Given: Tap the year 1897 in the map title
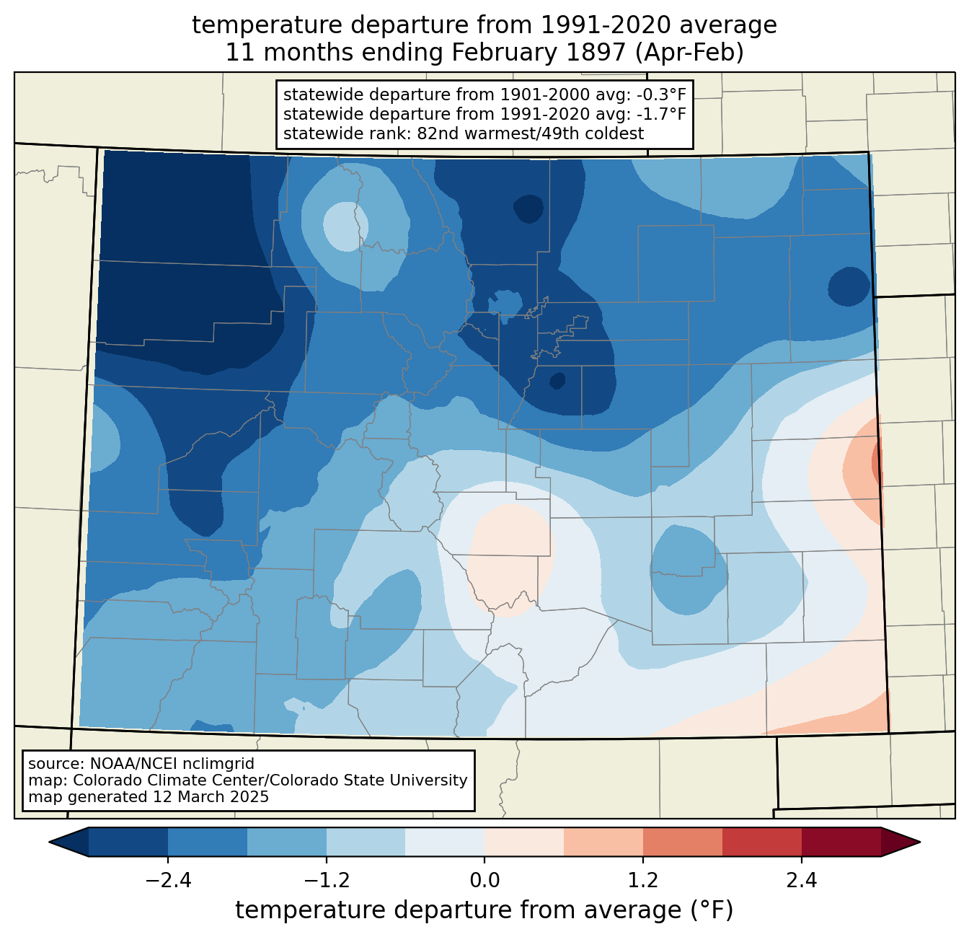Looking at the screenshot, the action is (x=601, y=53).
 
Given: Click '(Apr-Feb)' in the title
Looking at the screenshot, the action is (x=690, y=53).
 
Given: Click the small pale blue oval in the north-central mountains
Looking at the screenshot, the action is (x=345, y=226).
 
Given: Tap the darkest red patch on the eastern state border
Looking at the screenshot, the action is (x=877, y=461).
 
